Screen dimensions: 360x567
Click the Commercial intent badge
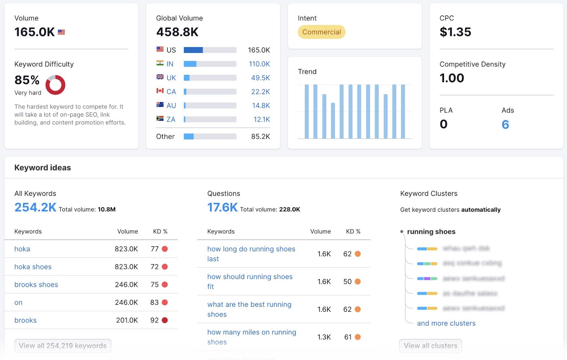click(x=321, y=32)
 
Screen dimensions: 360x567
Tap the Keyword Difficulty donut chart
click(x=56, y=85)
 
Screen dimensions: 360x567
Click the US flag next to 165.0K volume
click(x=61, y=32)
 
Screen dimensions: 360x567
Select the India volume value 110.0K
click(x=259, y=64)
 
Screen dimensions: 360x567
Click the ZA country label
click(x=171, y=119)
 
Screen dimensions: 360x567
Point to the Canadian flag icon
click(x=160, y=91)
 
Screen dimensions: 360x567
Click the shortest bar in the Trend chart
click(x=333, y=121)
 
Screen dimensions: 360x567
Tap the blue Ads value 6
click(x=505, y=124)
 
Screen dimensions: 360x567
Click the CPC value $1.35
click(x=455, y=32)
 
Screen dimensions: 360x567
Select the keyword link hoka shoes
click(x=33, y=267)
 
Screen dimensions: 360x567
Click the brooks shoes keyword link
click(x=36, y=284)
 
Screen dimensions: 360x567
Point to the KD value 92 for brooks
click(x=155, y=320)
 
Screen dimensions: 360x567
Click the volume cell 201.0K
click(x=127, y=320)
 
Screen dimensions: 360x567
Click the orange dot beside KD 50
click(x=358, y=282)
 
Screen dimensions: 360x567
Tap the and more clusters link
click(x=446, y=323)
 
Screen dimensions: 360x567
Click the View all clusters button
click(x=430, y=346)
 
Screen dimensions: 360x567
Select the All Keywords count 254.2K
click(x=35, y=207)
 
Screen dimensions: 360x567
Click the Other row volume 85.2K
click(x=260, y=137)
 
